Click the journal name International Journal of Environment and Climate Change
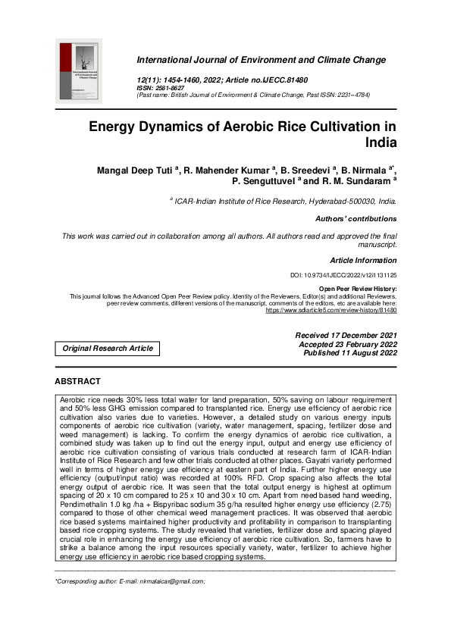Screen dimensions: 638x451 pos(261,60)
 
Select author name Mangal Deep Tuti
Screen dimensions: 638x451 pos(136,170)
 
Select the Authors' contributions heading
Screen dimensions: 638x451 pos(355,219)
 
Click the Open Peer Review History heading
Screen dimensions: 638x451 pos(357,289)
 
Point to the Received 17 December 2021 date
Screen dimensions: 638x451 pos(334,335)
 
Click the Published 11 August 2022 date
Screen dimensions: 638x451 pos(350,353)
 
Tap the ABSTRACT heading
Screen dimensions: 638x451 pos(78,381)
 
